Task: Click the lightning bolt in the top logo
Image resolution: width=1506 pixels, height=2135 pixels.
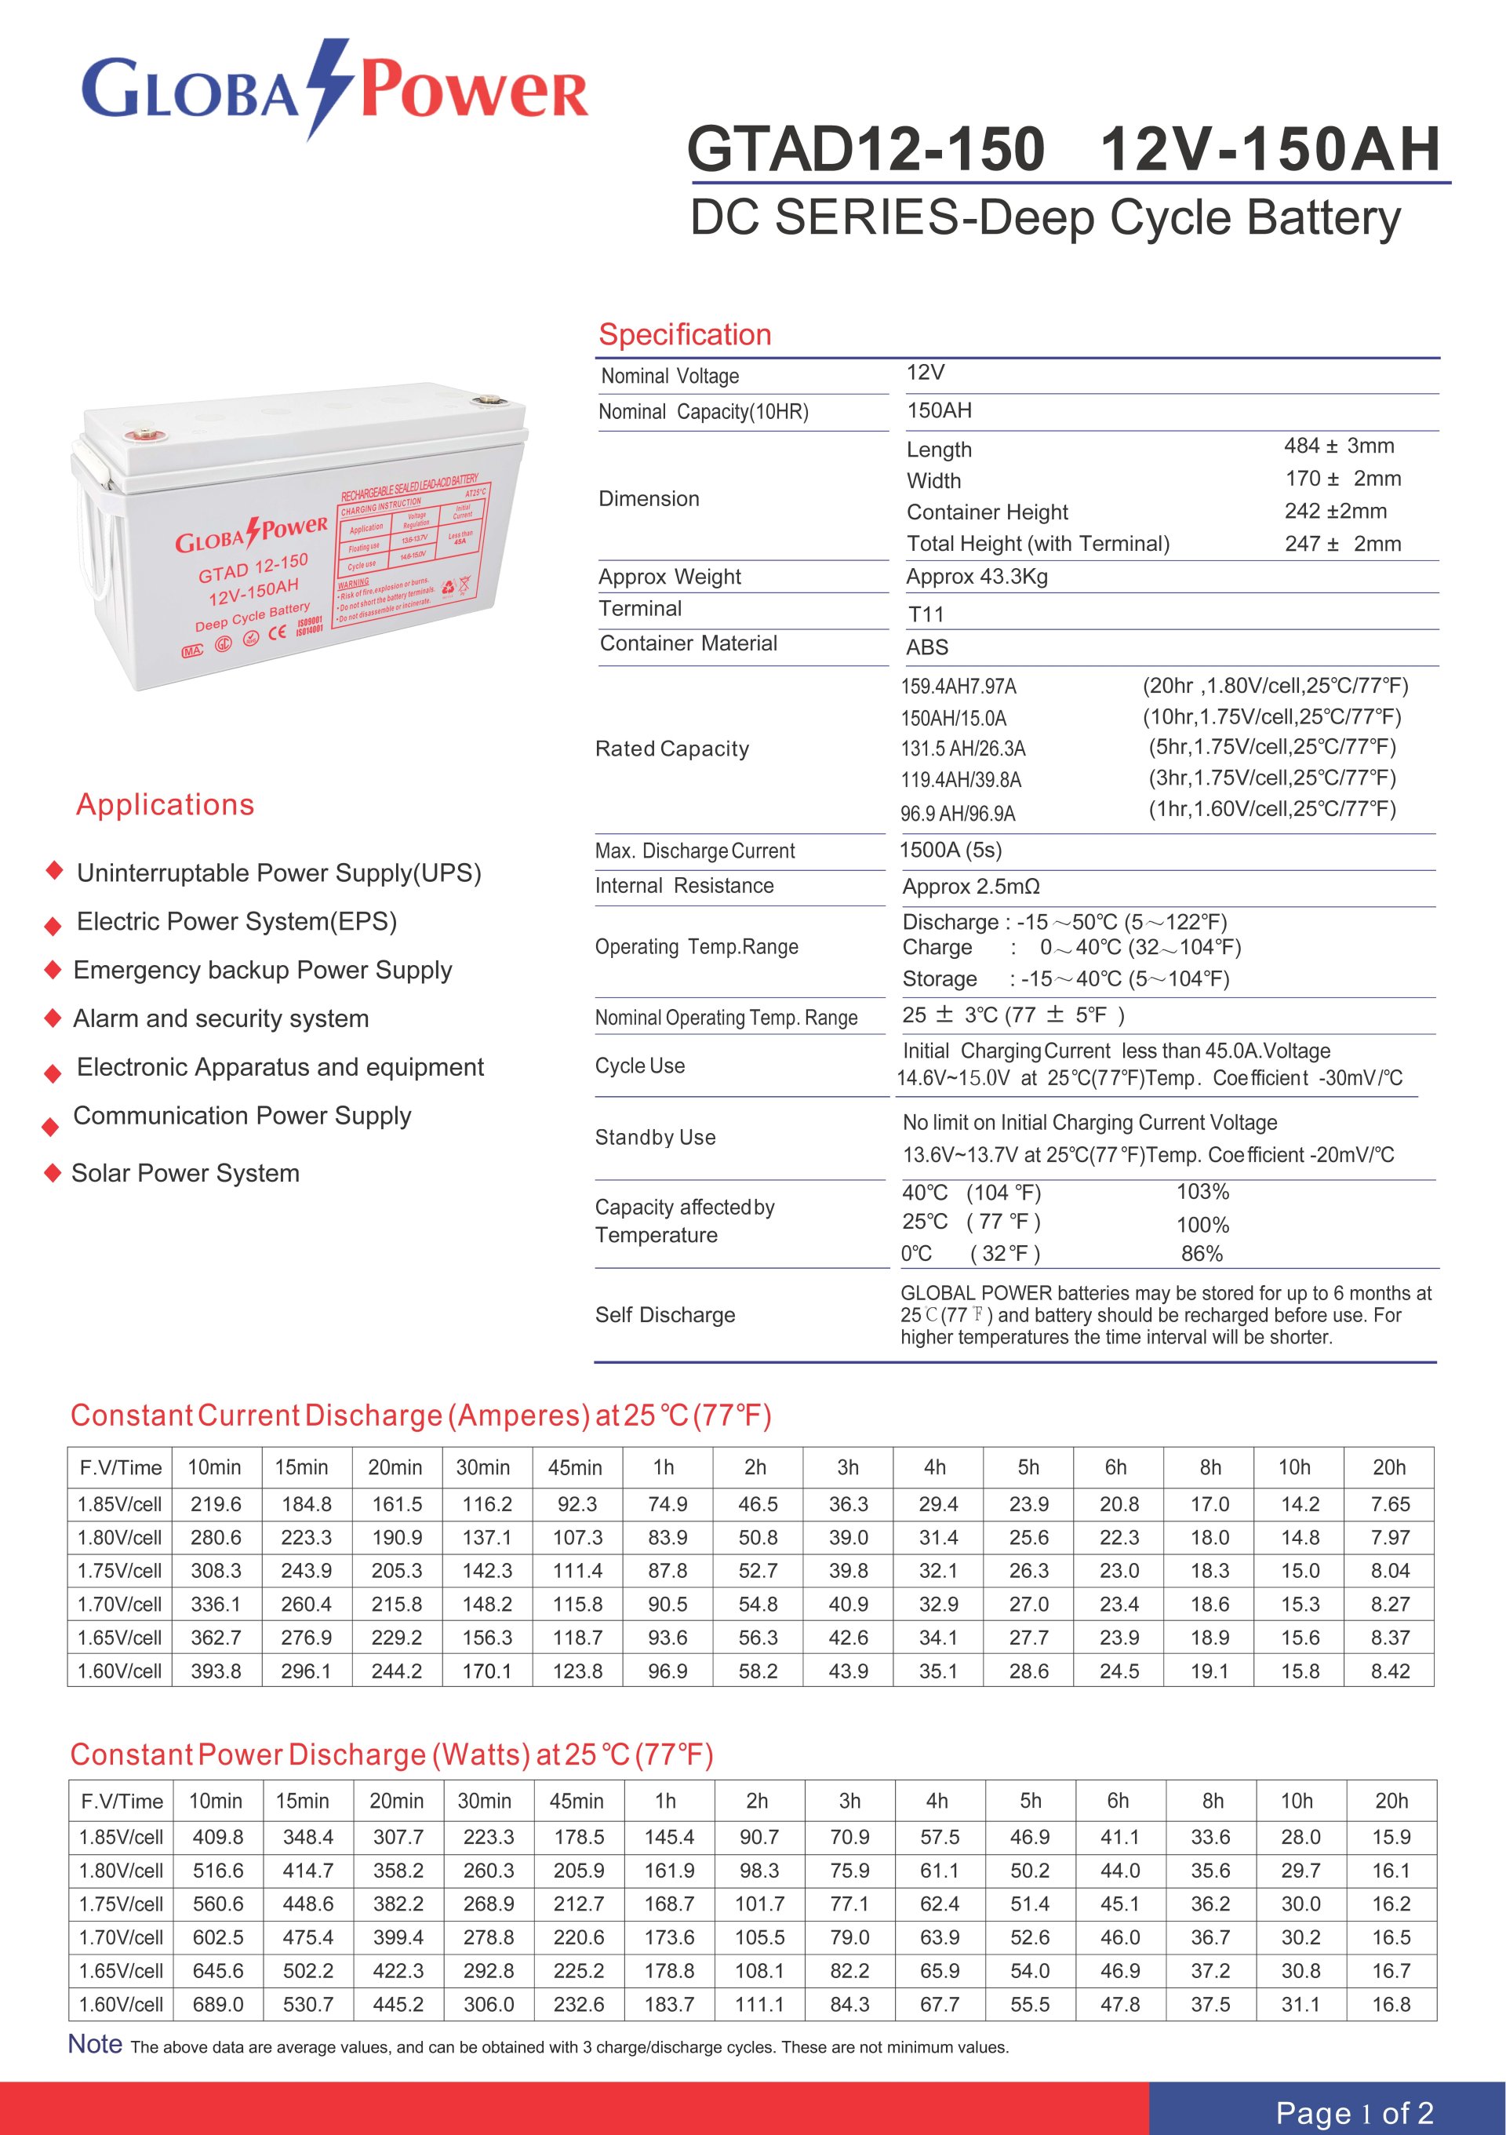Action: click(329, 89)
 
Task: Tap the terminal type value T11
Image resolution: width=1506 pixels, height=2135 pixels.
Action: click(925, 614)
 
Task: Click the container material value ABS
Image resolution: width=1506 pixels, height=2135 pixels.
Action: click(927, 647)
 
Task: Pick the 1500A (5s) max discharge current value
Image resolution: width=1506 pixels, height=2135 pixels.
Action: click(950, 850)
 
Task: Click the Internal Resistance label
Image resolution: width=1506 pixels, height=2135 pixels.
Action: click(684, 885)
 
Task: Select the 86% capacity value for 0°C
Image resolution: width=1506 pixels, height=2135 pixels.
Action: click(1201, 1254)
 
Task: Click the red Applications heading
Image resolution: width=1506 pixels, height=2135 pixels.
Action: click(166, 804)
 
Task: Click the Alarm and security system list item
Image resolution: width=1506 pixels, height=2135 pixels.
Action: click(221, 1018)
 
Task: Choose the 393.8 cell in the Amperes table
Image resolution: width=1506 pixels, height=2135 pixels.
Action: click(216, 1671)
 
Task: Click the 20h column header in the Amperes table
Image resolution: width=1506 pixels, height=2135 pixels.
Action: click(1389, 1467)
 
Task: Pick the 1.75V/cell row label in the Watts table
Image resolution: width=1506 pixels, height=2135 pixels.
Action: click(121, 1904)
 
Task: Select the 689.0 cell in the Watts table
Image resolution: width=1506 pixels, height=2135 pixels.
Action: click(217, 2004)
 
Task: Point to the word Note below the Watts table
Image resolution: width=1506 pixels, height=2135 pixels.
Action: click(95, 2044)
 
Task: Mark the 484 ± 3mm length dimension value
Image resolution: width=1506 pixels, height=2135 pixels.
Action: click(1339, 446)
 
